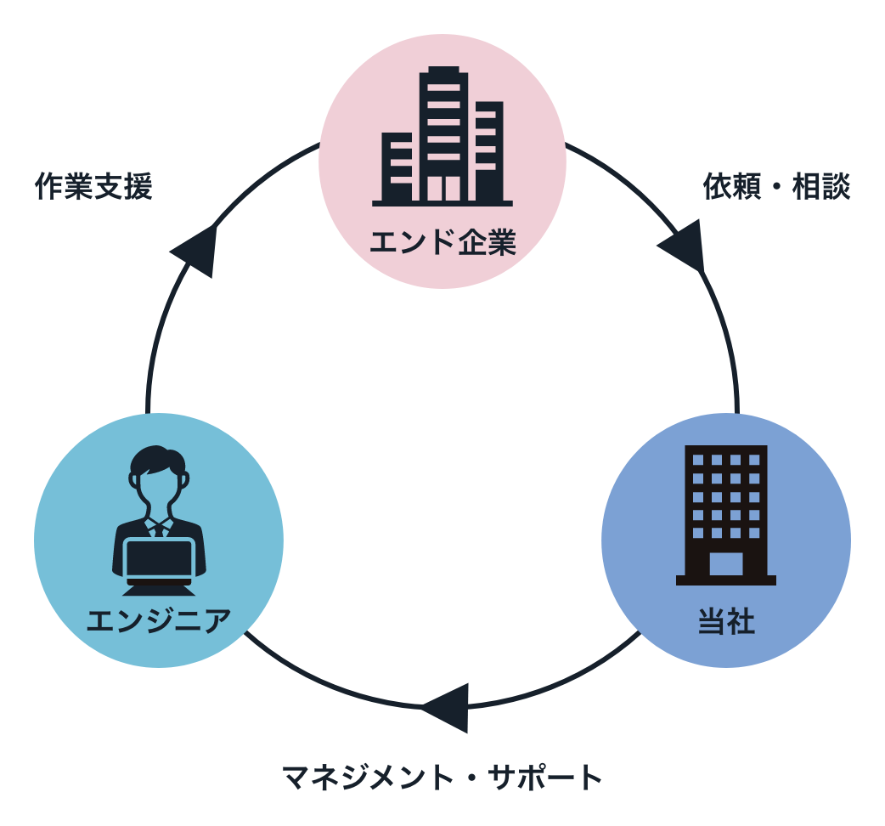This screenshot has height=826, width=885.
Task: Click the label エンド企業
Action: tap(442, 244)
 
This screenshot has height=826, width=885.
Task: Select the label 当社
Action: tap(726, 622)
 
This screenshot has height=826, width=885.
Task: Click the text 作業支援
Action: tap(93, 187)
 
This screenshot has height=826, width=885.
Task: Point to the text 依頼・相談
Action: tap(776, 187)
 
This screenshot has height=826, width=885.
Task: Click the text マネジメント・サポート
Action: tap(442, 778)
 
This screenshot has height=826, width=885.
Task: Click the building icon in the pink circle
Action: tap(442, 136)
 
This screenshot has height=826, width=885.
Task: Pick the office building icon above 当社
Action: tap(726, 514)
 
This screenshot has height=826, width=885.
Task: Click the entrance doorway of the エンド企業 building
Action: tap(442, 189)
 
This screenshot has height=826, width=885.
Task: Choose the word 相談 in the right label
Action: tap(821, 187)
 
